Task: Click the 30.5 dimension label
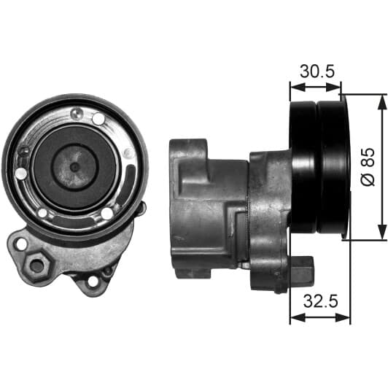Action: [x=317, y=71]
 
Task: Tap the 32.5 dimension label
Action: [x=320, y=301]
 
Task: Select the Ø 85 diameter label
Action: [x=368, y=167]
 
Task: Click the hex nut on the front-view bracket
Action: [x=38, y=267]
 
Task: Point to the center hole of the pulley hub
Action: [x=74, y=167]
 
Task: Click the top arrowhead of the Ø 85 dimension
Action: [x=381, y=101]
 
